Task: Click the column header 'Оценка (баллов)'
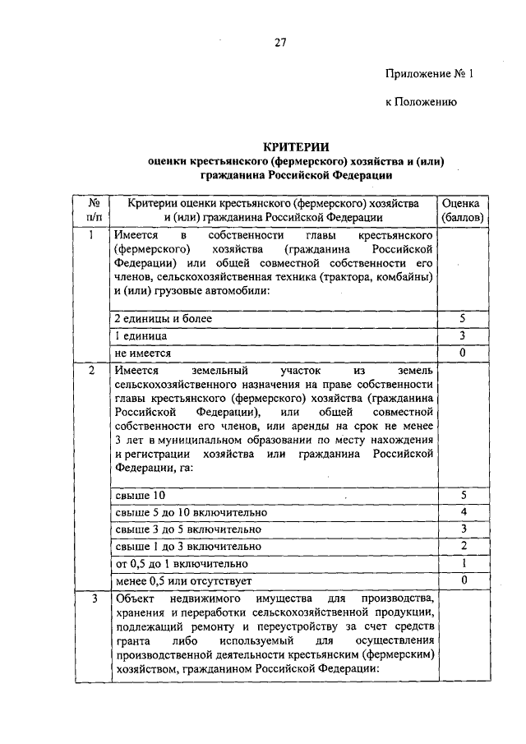point(464,210)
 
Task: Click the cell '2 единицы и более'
point(163,318)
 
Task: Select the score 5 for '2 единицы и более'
point(464,318)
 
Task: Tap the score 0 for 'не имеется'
point(464,353)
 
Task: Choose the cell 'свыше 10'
point(140,495)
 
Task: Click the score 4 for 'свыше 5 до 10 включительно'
point(464,512)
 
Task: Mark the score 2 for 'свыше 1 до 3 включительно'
point(464,546)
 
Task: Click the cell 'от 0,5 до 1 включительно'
point(181,563)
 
